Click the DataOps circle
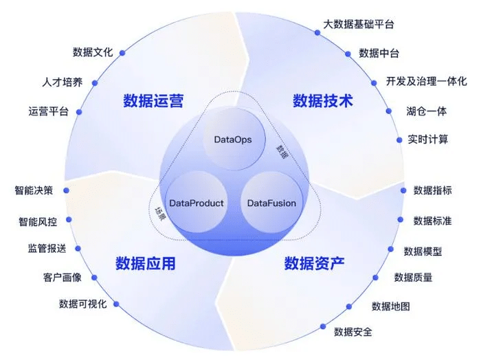pyautogui.click(x=234, y=140)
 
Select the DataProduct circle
pyautogui.click(x=197, y=203)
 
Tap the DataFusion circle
pyautogui.click(x=271, y=203)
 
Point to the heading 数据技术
pyautogui.click(x=322, y=101)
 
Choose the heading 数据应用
pyautogui.click(x=145, y=263)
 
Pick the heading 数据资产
pyautogui.click(x=314, y=263)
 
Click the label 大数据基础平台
pyautogui.click(x=359, y=25)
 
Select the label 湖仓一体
pyautogui.click(x=426, y=111)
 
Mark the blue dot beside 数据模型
pyautogui.click(x=389, y=251)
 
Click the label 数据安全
pyautogui.click(x=353, y=332)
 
